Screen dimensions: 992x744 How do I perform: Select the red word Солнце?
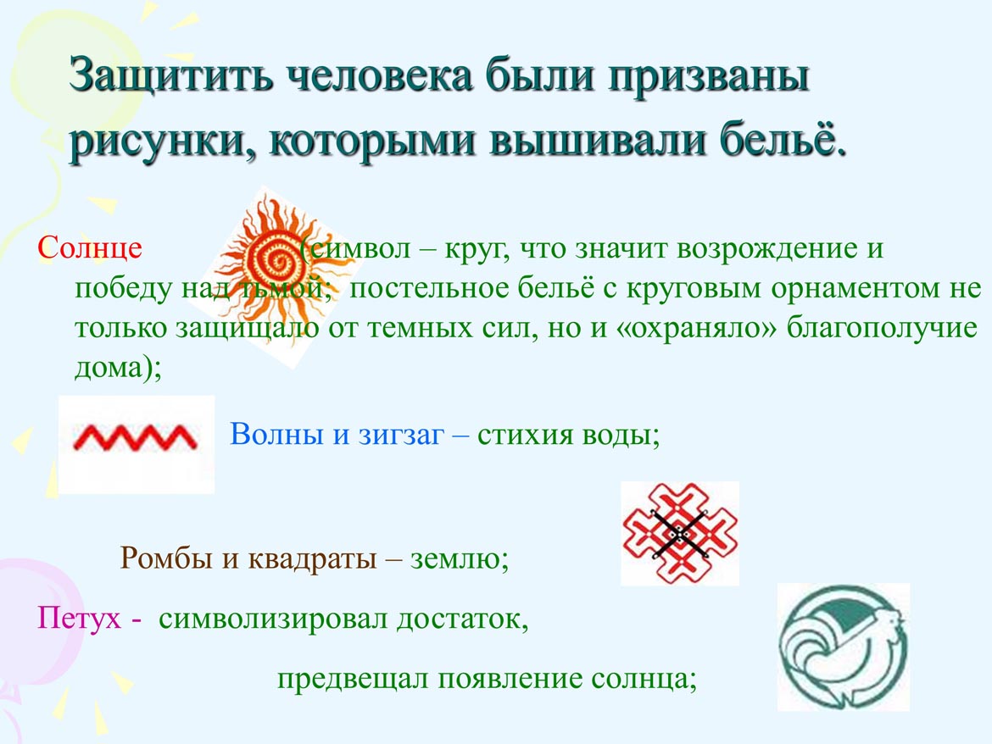[90, 248]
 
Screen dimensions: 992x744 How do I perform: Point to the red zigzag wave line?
[136, 437]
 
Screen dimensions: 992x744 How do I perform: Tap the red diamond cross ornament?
[679, 534]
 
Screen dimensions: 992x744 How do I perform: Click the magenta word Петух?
[79, 617]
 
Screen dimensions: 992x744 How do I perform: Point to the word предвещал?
[354, 680]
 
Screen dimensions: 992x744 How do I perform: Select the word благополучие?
[882, 328]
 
